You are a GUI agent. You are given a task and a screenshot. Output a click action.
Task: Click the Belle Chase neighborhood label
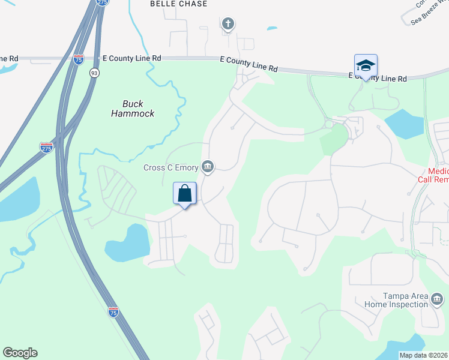click(x=178, y=4)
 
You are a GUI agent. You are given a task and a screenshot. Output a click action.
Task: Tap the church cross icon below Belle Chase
click(x=228, y=24)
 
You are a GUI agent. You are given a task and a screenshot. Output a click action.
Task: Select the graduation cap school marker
click(x=366, y=66)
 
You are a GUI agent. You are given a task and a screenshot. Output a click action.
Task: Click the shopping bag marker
click(x=185, y=194)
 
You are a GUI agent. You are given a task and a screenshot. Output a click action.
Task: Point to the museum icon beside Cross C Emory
click(x=208, y=167)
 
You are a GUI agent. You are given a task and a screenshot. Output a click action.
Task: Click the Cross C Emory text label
click(x=171, y=167)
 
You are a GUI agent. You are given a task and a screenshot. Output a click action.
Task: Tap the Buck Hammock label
click(x=133, y=108)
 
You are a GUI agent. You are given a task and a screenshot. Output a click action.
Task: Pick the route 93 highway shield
click(x=94, y=73)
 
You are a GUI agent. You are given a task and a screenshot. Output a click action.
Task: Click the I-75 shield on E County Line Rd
click(x=79, y=59)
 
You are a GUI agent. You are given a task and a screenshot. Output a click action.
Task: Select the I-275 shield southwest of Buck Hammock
click(x=46, y=148)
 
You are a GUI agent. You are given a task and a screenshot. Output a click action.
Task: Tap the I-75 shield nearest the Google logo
click(x=113, y=311)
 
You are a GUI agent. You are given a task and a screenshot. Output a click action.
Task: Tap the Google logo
click(x=20, y=353)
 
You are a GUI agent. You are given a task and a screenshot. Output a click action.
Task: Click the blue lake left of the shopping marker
click(x=127, y=242)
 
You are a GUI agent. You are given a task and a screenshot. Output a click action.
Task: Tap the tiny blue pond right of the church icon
click(x=272, y=28)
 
